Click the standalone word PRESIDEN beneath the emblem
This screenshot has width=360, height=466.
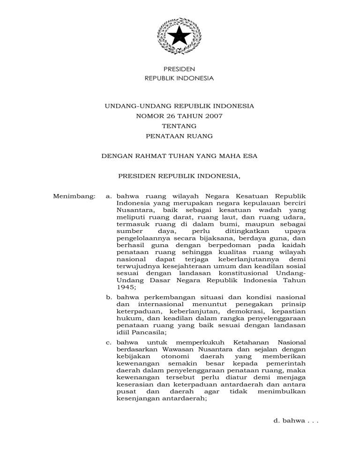click(180, 69)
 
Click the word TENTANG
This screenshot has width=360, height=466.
click(180, 126)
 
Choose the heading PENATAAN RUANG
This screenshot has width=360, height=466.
click(180, 136)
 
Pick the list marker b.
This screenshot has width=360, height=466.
click(109, 297)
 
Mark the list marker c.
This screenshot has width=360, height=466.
click(109, 343)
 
